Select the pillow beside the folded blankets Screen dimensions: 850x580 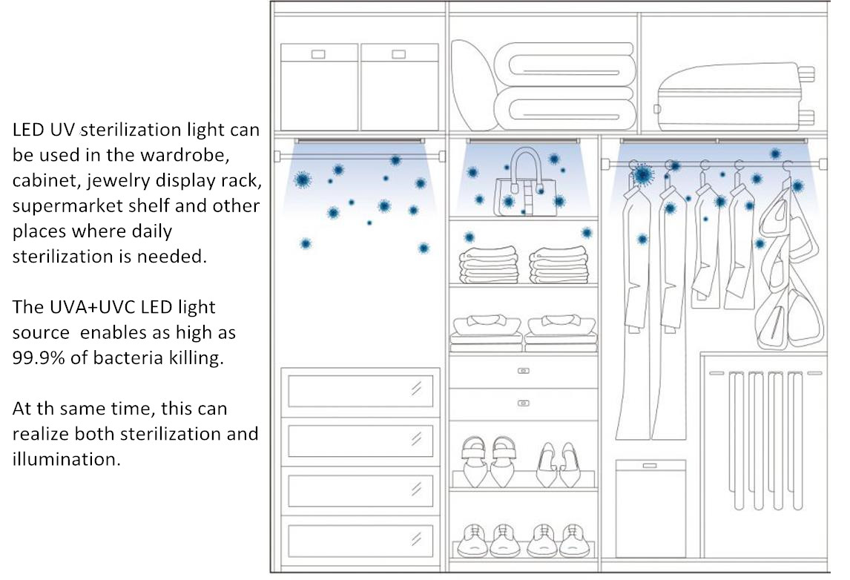473,85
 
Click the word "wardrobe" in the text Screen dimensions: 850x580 184,155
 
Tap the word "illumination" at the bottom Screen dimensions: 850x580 66,459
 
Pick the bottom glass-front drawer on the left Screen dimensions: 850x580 360,541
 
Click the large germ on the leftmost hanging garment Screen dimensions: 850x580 642,174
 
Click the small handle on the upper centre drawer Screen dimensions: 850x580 523,371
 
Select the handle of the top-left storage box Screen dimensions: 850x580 318,54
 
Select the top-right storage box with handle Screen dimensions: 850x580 400,87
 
